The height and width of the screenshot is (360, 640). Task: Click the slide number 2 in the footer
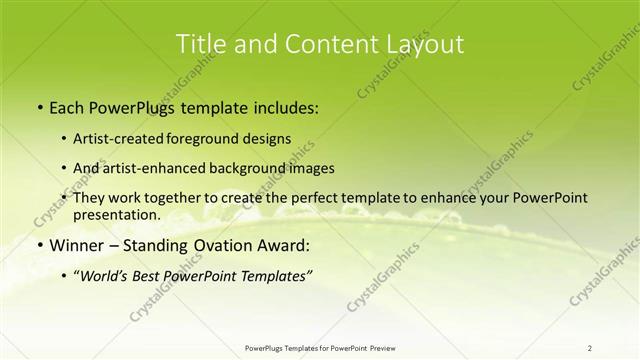pos(590,347)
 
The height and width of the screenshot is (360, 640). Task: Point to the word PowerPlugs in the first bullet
pos(132,107)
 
